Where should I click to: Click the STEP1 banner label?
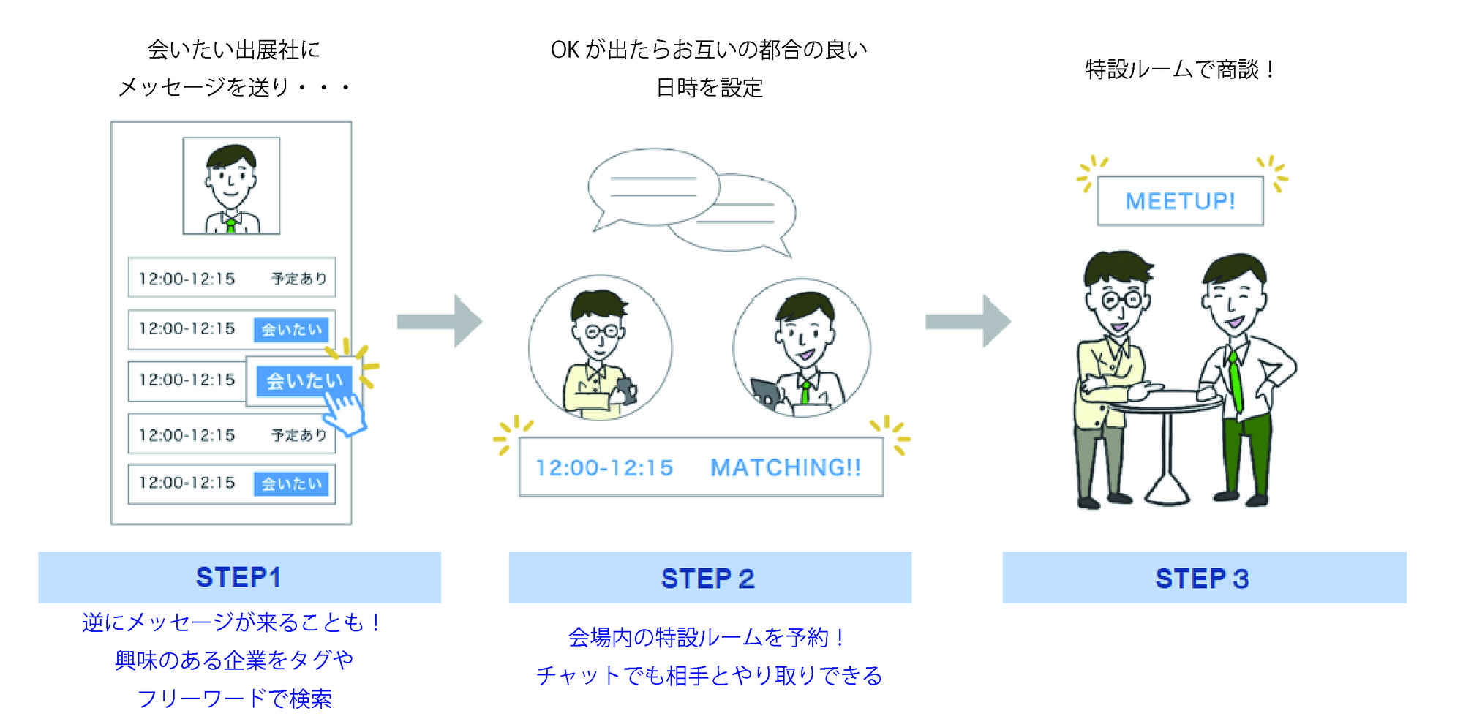click(x=238, y=577)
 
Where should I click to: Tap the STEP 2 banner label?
click(x=708, y=579)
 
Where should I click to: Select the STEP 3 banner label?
click(x=1203, y=579)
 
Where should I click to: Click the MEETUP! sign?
click(x=1180, y=201)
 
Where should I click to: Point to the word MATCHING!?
click(x=786, y=468)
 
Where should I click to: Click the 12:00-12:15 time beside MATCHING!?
click(x=604, y=468)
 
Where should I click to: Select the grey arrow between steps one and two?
click(x=439, y=321)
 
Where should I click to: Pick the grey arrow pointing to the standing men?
click(x=968, y=321)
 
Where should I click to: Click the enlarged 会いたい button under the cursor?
click(x=304, y=381)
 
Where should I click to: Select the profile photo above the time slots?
click(x=231, y=186)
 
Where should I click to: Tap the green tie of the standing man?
click(x=1236, y=380)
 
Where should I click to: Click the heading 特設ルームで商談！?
click(x=1180, y=69)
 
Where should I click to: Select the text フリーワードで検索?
click(x=234, y=699)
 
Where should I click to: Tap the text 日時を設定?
click(x=709, y=88)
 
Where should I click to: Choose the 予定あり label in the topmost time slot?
click(x=298, y=279)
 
